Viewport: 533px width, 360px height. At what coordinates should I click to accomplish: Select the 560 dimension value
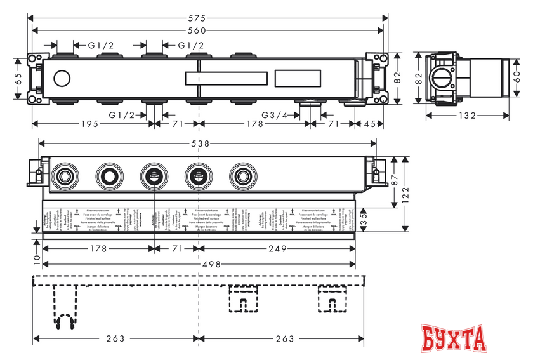207,30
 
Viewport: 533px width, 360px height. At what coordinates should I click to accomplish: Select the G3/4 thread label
277,115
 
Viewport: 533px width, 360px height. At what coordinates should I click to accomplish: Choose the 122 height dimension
405,193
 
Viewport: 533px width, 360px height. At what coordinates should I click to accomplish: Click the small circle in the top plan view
62,79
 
